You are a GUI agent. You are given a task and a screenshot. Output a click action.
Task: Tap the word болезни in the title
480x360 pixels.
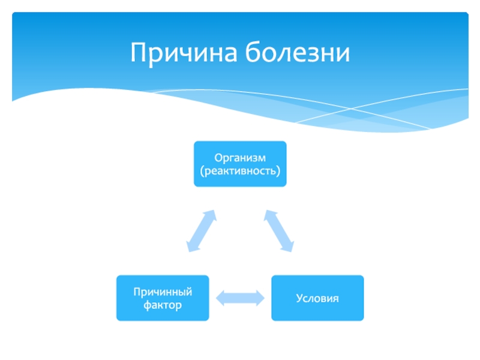coord(297,53)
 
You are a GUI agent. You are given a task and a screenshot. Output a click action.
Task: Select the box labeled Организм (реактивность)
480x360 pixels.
coord(240,164)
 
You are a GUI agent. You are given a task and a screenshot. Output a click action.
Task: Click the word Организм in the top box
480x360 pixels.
coord(240,157)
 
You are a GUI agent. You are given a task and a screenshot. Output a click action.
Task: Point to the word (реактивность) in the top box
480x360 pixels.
coord(240,171)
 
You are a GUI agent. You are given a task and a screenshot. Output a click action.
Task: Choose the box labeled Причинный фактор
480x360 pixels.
coord(163,298)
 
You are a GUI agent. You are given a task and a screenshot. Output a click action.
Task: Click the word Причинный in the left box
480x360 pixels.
coord(163,292)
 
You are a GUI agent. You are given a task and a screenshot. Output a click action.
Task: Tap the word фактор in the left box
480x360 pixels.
coord(163,305)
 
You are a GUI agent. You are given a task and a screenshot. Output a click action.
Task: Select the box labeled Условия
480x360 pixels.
coord(317,298)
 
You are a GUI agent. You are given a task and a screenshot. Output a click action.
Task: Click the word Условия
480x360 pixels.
coord(317,298)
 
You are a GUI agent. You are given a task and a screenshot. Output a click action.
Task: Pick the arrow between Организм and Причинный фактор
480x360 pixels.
coord(201,230)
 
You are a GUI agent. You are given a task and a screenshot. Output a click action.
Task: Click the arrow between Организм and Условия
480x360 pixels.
coord(279,230)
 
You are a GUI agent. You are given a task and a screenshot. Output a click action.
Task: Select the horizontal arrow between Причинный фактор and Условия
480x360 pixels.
coord(240,298)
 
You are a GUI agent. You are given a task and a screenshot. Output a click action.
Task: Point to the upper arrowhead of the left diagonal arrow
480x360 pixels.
coord(211,214)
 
